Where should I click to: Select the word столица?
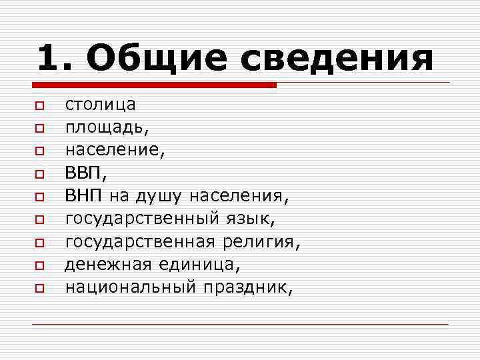pyautogui.click(x=100, y=105)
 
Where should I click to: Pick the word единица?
pyautogui.click(x=197, y=265)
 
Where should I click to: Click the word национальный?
pyautogui.click(x=130, y=287)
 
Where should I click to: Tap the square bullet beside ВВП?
pyautogui.click(x=39, y=175)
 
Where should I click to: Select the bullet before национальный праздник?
pyautogui.click(x=39, y=289)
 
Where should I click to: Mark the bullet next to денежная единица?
pyautogui.click(x=39, y=266)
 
